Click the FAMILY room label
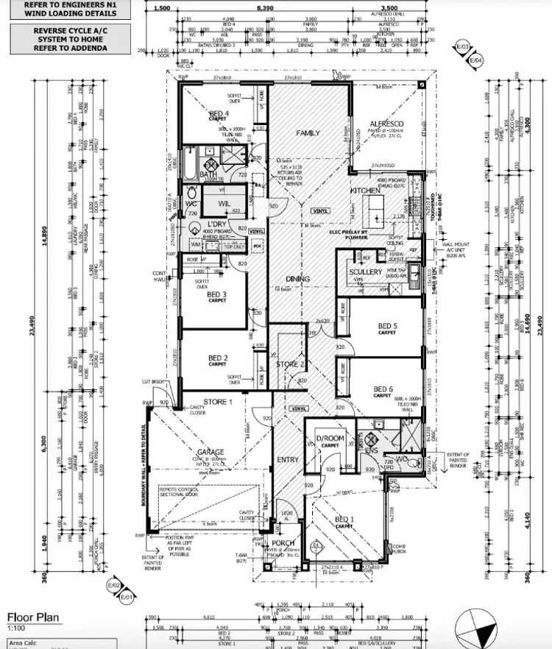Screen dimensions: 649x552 click(x=308, y=133)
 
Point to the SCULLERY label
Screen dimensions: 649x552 click(x=365, y=272)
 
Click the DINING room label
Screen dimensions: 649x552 click(x=297, y=279)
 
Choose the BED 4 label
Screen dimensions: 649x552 click(x=219, y=113)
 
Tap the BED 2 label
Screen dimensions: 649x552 click(x=216, y=358)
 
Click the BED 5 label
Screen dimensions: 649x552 click(x=388, y=326)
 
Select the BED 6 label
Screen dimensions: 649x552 click(x=382, y=389)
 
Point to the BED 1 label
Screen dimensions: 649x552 click(x=344, y=520)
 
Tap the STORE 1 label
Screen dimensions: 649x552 click(x=219, y=402)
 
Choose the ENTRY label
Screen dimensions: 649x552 click(x=288, y=460)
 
